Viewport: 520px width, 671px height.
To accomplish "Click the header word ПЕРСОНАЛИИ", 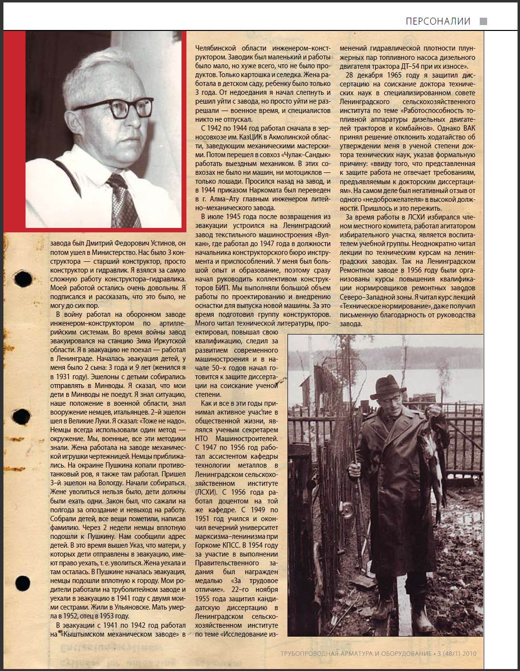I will [x=438, y=21].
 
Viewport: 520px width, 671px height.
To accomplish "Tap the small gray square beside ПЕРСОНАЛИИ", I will [x=483, y=21].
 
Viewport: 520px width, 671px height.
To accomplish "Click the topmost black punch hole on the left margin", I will [x=23, y=280].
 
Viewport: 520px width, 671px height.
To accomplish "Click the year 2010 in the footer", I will [x=468, y=654].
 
